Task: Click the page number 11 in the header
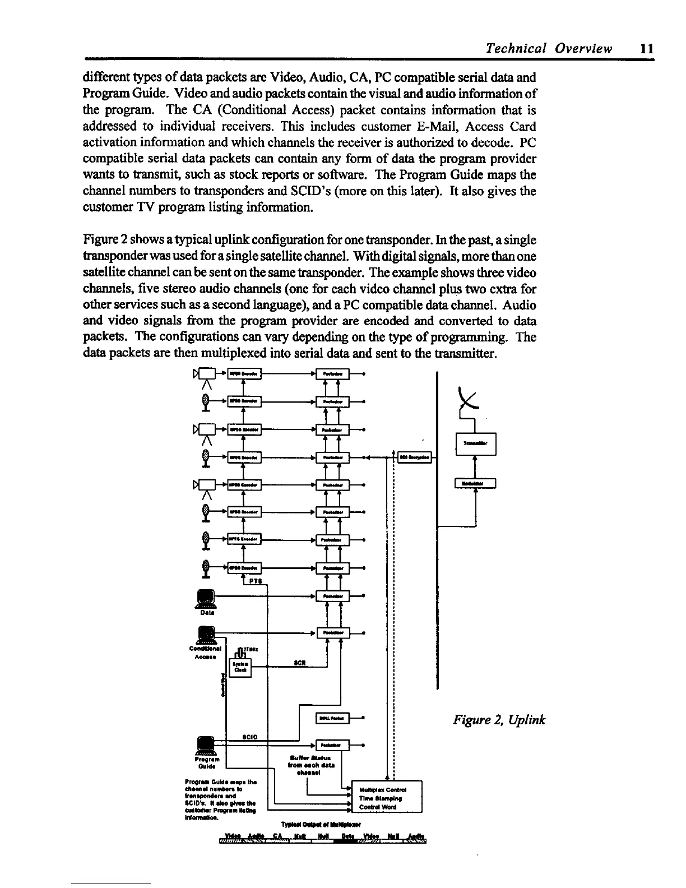(x=646, y=48)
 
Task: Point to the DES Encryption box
(x=414, y=458)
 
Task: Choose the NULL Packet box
(x=333, y=719)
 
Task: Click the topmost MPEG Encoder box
(x=243, y=374)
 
